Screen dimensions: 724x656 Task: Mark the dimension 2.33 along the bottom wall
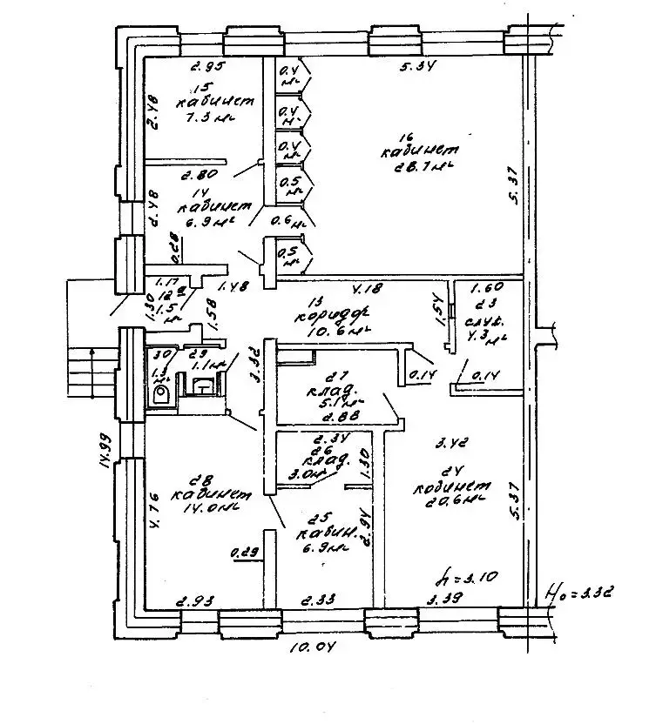(316, 600)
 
